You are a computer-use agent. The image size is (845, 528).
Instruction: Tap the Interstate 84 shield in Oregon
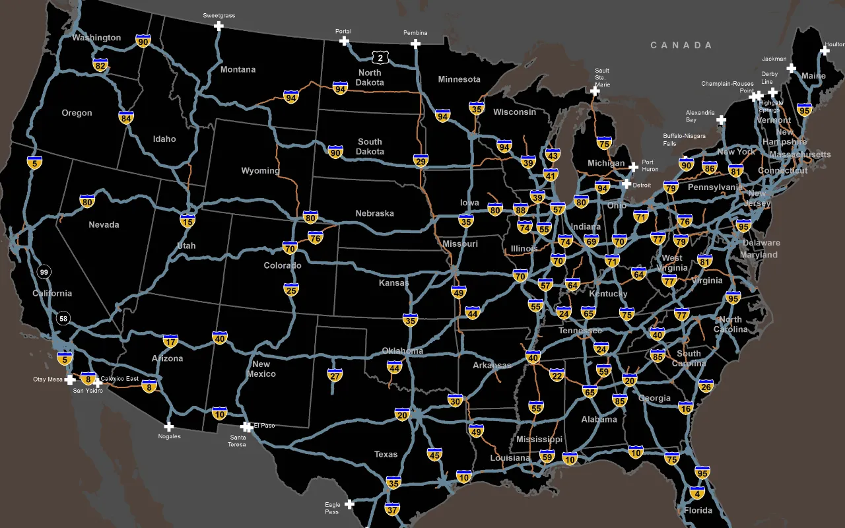coord(126,117)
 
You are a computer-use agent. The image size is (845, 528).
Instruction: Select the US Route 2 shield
coord(380,57)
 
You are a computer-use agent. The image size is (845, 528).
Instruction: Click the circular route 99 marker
coord(44,272)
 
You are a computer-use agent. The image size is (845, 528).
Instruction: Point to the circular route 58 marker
coord(63,318)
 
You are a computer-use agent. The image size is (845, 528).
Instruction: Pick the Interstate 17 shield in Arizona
coord(170,341)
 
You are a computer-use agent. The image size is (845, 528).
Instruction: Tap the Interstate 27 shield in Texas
coord(335,375)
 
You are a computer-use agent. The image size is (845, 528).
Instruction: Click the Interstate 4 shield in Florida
coord(696,492)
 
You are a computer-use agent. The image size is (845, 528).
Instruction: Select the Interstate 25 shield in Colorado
coord(291,289)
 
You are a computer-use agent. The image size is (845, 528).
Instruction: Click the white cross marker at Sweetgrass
coord(219,26)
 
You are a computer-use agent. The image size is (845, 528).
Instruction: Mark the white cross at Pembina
coord(415,44)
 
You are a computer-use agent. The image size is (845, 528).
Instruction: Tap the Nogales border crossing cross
coord(169,426)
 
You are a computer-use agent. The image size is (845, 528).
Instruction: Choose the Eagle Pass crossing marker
coord(349,504)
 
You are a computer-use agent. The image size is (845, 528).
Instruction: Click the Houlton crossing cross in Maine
coord(825,50)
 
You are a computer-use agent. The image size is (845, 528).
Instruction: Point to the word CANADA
coord(681,45)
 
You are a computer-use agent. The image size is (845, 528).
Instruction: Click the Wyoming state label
coord(260,170)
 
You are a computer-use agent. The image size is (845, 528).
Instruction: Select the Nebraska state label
coord(374,213)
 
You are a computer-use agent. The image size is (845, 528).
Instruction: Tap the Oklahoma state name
coord(402,350)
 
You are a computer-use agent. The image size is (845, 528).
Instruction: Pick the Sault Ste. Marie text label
coord(602,77)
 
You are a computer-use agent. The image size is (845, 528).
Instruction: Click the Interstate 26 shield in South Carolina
coord(706,385)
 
